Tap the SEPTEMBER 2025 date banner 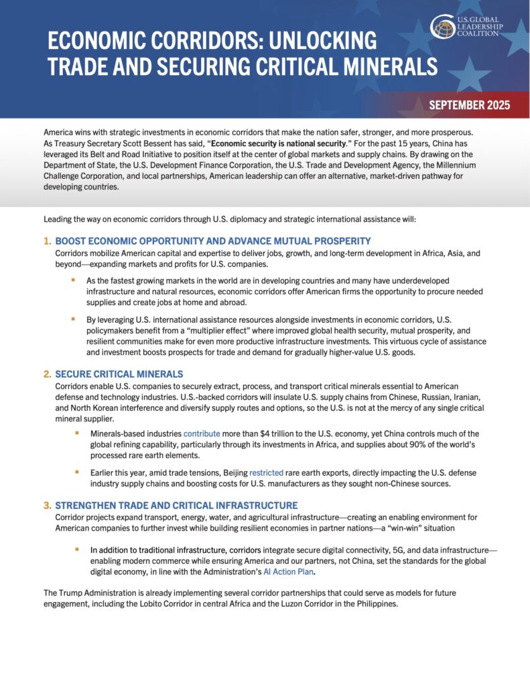pos(469,105)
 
